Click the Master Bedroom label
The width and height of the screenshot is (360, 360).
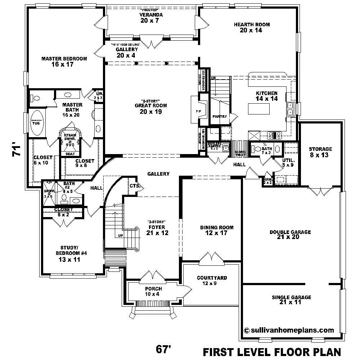point(64,62)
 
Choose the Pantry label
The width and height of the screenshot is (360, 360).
point(219,117)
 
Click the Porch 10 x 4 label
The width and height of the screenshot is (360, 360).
point(153,291)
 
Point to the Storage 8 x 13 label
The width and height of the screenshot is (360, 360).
point(320,152)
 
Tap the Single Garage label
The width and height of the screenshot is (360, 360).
point(291,300)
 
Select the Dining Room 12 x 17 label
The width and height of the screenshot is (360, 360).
point(217,230)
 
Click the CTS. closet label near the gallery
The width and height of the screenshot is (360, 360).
point(135,186)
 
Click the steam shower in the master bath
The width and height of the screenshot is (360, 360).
point(70,139)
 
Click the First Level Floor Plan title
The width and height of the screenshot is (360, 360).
point(272,351)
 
